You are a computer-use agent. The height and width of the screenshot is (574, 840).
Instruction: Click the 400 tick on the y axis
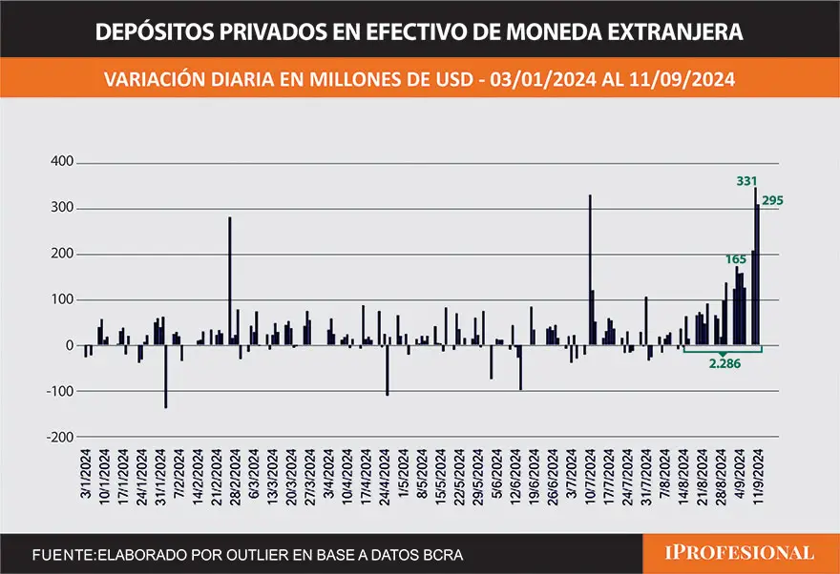point(60,162)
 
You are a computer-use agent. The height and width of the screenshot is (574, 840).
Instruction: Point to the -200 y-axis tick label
point(56,437)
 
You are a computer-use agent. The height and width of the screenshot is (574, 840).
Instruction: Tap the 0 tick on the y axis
point(69,345)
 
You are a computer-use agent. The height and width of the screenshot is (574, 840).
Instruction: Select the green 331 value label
point(746,180)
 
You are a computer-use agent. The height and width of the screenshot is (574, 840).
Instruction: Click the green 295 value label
point(772,200)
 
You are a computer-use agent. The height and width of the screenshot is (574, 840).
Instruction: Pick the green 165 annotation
point(736,258)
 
